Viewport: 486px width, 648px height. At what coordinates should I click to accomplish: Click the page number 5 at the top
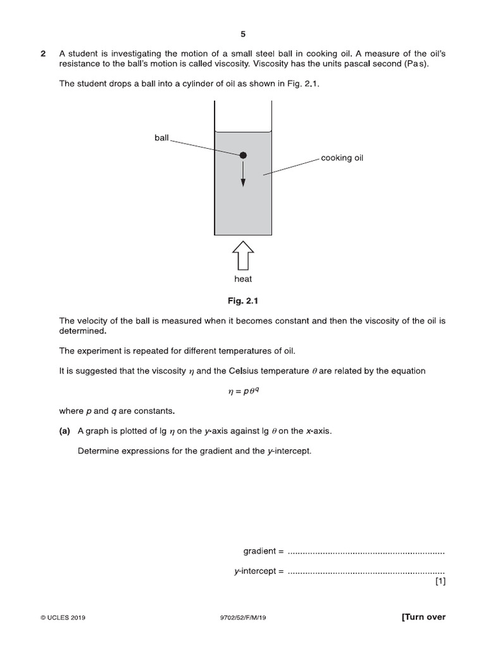[x=243, y=34]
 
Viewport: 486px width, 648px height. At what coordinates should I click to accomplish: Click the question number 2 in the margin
[x=43, y=54]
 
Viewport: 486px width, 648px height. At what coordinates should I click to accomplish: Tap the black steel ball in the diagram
[x=243, y=155]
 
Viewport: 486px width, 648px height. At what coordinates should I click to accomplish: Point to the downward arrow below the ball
[x=243, y=175]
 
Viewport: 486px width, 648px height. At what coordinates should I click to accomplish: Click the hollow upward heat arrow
[x=243, y=256]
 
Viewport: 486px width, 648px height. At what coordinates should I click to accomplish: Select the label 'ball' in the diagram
[x=161, y=138]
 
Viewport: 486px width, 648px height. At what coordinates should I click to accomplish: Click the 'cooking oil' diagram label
[x=342, y=158]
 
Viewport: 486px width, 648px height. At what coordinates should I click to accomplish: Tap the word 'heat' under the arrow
[x=243, y=279]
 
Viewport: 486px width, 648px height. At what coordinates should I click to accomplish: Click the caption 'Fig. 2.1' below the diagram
[x=243, y=301]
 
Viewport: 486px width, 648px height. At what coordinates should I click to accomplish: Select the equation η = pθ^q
[x=243, y=392]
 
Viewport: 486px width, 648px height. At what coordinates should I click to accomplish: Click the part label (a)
[x=65, y=431]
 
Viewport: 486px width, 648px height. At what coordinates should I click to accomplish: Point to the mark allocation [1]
[x=440, y=583]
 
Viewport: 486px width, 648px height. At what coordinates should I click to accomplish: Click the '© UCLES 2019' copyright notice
[x=62, y=618]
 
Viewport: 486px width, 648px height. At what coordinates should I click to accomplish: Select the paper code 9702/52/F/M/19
[x=243, y=618]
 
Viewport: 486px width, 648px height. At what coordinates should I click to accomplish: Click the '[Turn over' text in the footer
[x=423, y=617]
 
